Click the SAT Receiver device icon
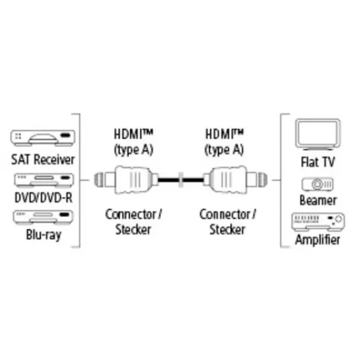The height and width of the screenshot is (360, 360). click(43, 138)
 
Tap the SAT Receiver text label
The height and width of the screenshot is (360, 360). click(43, 160)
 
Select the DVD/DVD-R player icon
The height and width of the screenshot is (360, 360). click(44, 180)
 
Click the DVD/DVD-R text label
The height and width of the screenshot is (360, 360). click(44, 197)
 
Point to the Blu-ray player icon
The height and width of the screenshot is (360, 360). click(43, 217)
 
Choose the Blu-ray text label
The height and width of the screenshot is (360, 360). click(44, 234)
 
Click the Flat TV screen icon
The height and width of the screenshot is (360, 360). click(318, 134)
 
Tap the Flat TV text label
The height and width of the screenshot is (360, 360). click(318, 162)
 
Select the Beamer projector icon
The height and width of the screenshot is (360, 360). click(318, 184)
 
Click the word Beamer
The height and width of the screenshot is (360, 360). click(318, 200)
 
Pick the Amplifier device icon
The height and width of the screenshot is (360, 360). click(318, 222)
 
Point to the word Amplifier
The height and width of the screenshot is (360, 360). click(318, 240)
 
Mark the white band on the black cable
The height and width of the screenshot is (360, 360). click(181, 180)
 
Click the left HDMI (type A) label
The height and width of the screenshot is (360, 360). click(134, 142)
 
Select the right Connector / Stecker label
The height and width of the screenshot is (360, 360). click(228, 222)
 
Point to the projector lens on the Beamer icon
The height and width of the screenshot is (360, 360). click(317, 184)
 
